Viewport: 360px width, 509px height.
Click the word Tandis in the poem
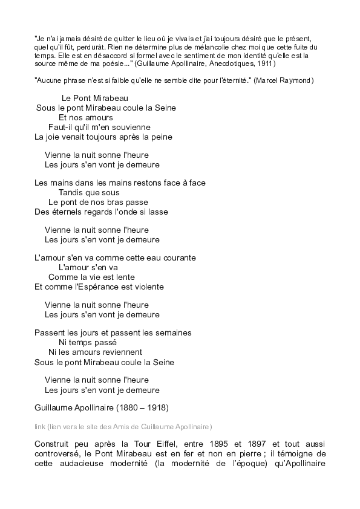point(71,193)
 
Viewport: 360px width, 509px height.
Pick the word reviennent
point(122,352)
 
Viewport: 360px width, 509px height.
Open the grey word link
point(40,426)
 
